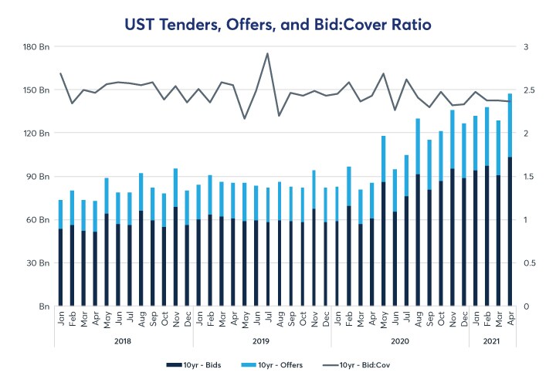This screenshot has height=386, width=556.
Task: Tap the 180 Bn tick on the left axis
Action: coord(36,47)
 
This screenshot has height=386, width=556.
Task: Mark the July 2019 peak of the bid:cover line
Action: coord(267,53)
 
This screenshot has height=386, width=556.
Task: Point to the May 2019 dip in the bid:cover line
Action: coord(244,118)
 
